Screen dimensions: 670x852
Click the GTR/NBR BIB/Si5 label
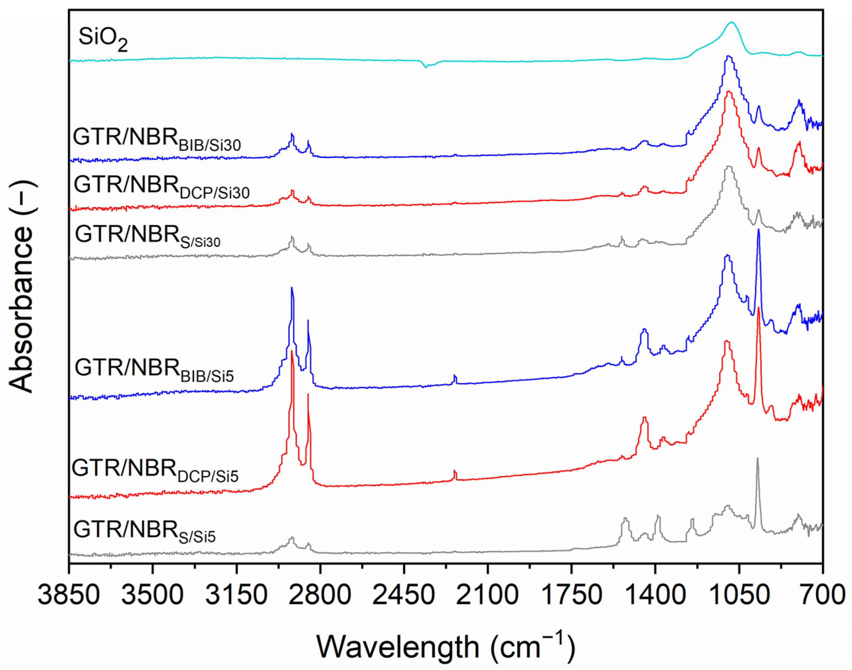pos(154,371)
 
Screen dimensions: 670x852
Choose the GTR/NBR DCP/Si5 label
pos(155,471)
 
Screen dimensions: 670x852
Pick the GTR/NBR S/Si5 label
pos(144,532)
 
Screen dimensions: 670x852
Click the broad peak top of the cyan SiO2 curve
pos(731,34)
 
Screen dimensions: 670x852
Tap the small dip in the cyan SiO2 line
pos(426,67)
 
